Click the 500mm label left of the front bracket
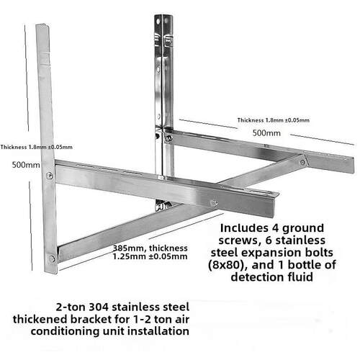(x=26, y=165)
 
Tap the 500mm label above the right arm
(x=266, y=133)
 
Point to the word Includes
(x=244, y=228)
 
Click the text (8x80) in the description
(x=225, y=265)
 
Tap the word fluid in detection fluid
(x=300, y=277)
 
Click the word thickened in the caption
(x=40, y=319)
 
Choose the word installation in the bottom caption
(x=158, y=331)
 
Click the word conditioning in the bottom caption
(x=66, y=332)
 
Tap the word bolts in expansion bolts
(x=318, y=253)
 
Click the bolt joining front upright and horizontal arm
(x=49, y=176)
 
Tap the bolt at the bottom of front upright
(x=52, y=258)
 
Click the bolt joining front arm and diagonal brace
(x=213, y=203)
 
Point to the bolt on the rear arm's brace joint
(x=302, y=162)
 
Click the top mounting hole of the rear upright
(x=158, y=22)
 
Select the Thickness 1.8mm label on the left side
(x=37, y=147)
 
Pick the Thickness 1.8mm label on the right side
(x=274, y=120)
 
